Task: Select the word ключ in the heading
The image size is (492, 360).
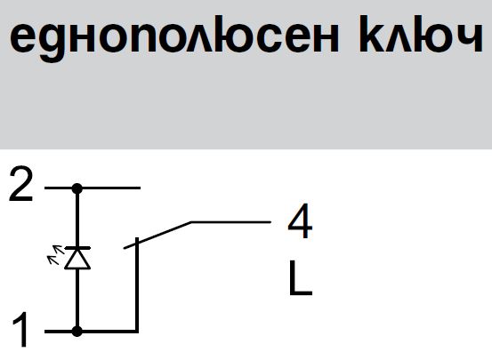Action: pos(421,34)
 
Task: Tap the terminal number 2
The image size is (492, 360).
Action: pos(20,184)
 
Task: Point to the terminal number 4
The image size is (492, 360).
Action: pos(300,220)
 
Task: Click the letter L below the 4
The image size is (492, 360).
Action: pos(301,278)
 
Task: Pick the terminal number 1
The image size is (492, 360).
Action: pos(20,329)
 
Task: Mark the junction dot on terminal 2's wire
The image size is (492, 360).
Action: pos(77,188)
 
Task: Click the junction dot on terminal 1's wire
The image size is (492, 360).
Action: pos(77,332)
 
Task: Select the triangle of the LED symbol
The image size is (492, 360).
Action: pos(77,259)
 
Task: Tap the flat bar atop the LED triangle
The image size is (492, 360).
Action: pos(77,248)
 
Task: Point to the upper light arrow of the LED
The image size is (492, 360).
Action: pos(59,250)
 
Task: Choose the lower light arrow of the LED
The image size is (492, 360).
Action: pos(53,260)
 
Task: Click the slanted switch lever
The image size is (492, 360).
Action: pos(157,236)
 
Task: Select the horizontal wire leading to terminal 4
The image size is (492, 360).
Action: pos(231,222)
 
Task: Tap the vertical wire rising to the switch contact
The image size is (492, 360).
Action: pos(137,284)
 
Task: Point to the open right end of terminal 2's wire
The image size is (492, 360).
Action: pos(140,188)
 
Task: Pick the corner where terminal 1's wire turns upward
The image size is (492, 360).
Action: pos(137,332)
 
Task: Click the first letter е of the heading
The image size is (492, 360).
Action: pos(21,38)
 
